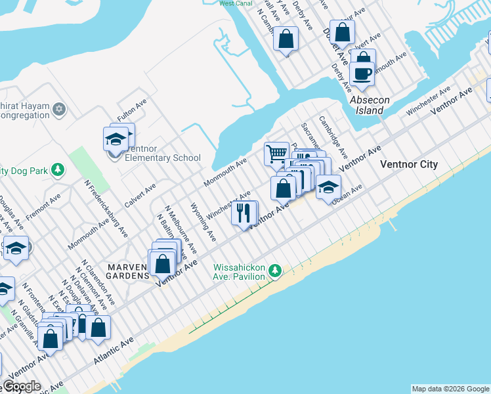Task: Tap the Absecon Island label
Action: coord(370,105)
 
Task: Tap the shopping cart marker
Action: coord(277,154)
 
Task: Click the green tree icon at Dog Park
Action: coord(58,171)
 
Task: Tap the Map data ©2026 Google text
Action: coord(450,389)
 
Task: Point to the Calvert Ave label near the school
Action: coord(140,196)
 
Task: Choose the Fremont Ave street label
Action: coord(43,205)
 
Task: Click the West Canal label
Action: coord(236,3)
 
